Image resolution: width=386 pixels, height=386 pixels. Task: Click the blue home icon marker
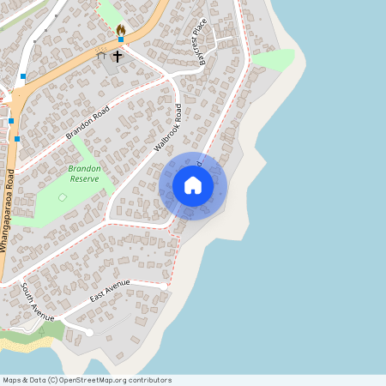pos(193,185)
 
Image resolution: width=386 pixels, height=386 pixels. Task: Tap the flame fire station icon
pos(121,29)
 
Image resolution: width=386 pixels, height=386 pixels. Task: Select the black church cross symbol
pos(118,56)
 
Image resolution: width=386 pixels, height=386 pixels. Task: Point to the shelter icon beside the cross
pos(101,56)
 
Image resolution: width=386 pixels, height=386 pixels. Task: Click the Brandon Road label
pos(89,124)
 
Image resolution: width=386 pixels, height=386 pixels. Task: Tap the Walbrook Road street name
pos(168,129)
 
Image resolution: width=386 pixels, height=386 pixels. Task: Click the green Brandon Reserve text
pos(84,174)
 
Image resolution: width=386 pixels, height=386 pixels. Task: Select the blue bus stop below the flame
pos(121,40)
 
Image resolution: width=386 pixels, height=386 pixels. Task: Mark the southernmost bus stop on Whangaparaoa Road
pos(16,138)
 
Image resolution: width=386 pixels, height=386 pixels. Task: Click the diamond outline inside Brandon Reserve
pos(62,198)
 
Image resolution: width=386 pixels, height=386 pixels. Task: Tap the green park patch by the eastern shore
pos(274,59)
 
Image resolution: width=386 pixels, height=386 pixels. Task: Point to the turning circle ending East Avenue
pos(89,332)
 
